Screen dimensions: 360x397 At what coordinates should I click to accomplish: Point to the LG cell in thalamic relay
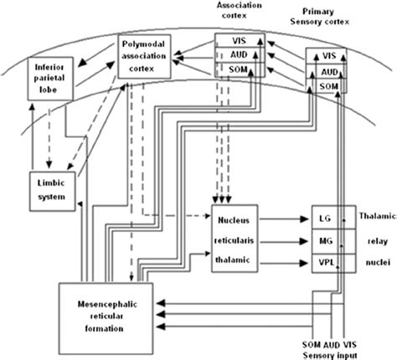click(326, 219)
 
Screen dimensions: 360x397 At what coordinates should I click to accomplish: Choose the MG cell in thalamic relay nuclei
click(326, 241)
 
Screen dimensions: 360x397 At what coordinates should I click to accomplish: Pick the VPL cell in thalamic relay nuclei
click(326, 262)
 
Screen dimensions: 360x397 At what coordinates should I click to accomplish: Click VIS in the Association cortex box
click(233, 40)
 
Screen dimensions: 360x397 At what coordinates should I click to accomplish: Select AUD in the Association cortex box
click(233, 55)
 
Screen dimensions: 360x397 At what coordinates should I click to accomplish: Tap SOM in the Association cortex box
click(233, 70)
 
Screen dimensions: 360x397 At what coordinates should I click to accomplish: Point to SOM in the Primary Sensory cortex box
click(328, 86)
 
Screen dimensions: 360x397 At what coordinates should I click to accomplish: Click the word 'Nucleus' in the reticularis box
click(235, 219)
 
